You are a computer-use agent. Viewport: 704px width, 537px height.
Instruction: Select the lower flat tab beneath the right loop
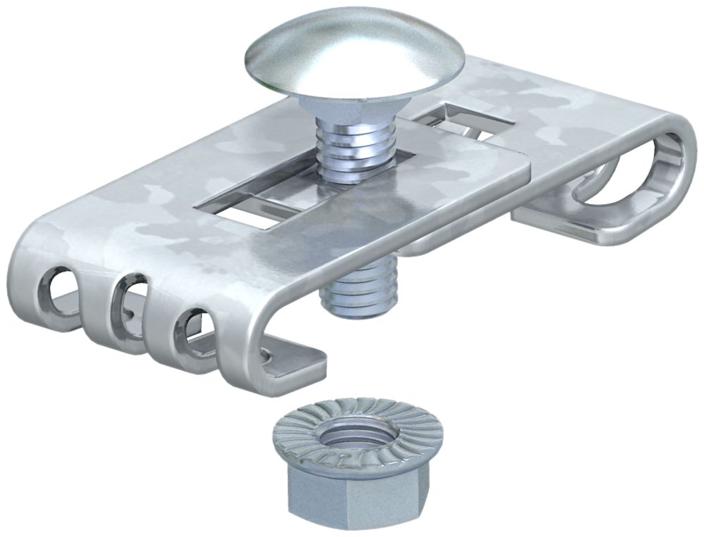click(x=563, y=225)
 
